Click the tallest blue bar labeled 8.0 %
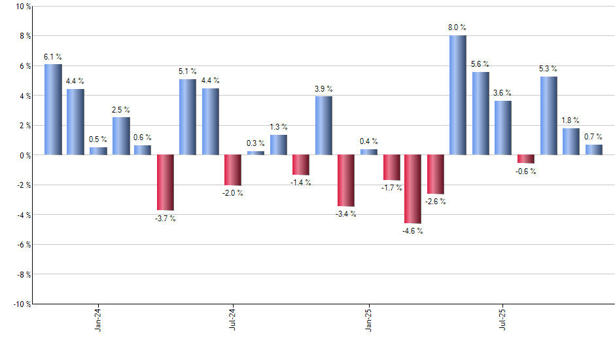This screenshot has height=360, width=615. click(x=458, y=95)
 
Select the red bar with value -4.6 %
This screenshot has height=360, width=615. click(x=413, y=189)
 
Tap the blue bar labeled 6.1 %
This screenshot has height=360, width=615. click(x=53, y=109)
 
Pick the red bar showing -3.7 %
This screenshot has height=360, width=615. click(x=165, y=182)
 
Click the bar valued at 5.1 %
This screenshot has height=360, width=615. click(x=188, y=117)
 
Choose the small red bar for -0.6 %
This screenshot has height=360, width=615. click(x=525, y=159)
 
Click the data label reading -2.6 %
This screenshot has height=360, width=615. click(x=435, y=202)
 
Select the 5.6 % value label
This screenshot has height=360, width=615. click(x=480, y=64)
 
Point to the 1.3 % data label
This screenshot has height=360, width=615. click(x=278, y=127)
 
